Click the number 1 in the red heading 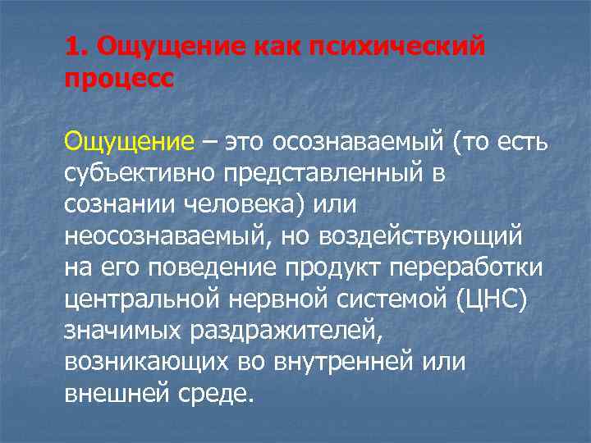point(71,48)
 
